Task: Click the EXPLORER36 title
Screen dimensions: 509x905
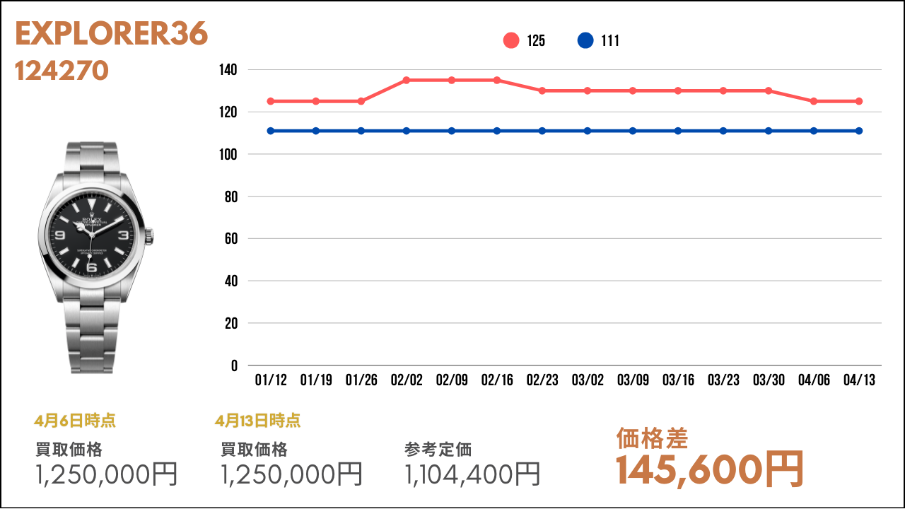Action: (x=111, y=34)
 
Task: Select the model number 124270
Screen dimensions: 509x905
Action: (x=62, y=71)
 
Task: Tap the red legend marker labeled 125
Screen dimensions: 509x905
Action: (x=511, y=41)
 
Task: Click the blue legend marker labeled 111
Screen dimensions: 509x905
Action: (x=585, y=41)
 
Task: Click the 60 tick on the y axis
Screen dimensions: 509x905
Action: (x=230, y=239)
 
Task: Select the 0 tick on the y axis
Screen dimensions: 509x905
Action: (x=234, y=365)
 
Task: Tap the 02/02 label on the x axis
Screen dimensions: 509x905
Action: (x=407, y=380)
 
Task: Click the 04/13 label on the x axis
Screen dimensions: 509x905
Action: (x=859, y=380)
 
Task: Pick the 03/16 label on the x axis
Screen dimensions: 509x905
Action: (x=678, y=380)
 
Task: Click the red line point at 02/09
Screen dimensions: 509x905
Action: (x=452, y=80)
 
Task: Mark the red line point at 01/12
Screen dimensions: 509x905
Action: (x=271, y=101)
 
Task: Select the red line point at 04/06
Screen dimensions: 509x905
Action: (x=814, y=101)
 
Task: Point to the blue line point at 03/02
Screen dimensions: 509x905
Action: (x=588, y=131)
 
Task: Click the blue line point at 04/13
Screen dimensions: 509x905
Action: (x=859, y=131)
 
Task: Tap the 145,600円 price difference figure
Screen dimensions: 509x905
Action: (x=710, y=469)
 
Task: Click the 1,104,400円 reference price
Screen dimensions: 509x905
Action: (x=472, y=474)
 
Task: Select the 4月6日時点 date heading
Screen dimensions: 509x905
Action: (x=75, y=421)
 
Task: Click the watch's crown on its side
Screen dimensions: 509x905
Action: (x=151, y=235)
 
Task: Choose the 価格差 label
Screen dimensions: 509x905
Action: (x=652, y=438)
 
